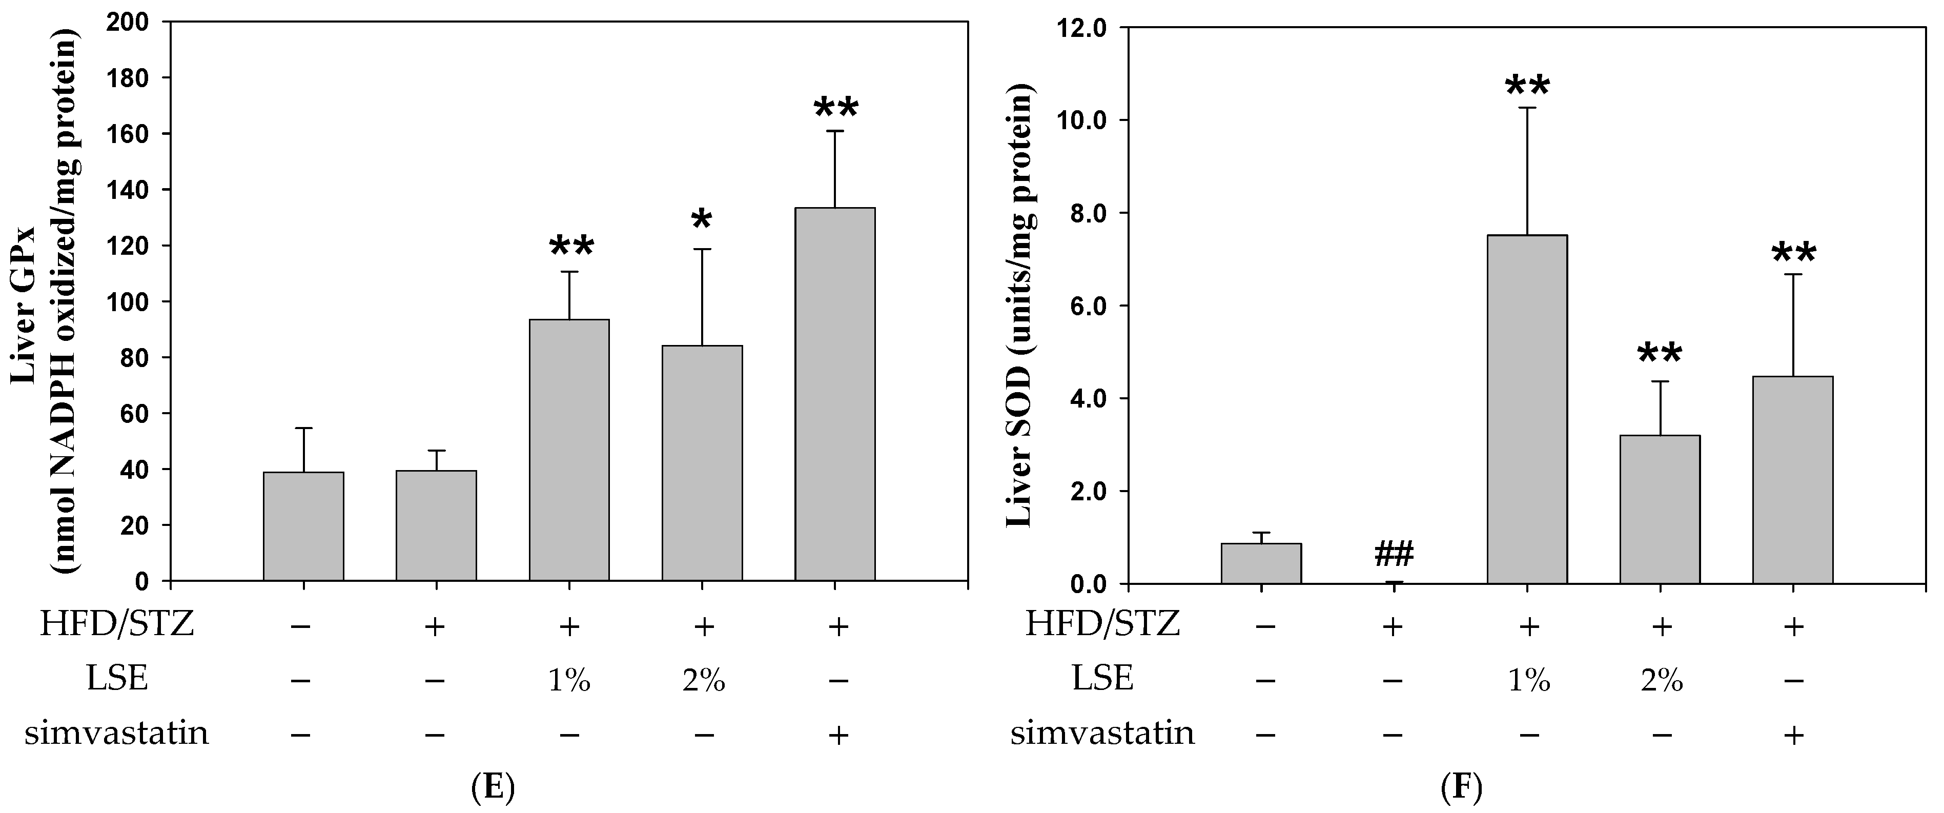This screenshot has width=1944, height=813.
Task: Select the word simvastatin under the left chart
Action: click(116, 733)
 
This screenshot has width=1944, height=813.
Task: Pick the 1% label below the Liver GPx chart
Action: click(569, 682)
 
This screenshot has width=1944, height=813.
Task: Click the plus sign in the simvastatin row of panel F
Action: click(1793, 735)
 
